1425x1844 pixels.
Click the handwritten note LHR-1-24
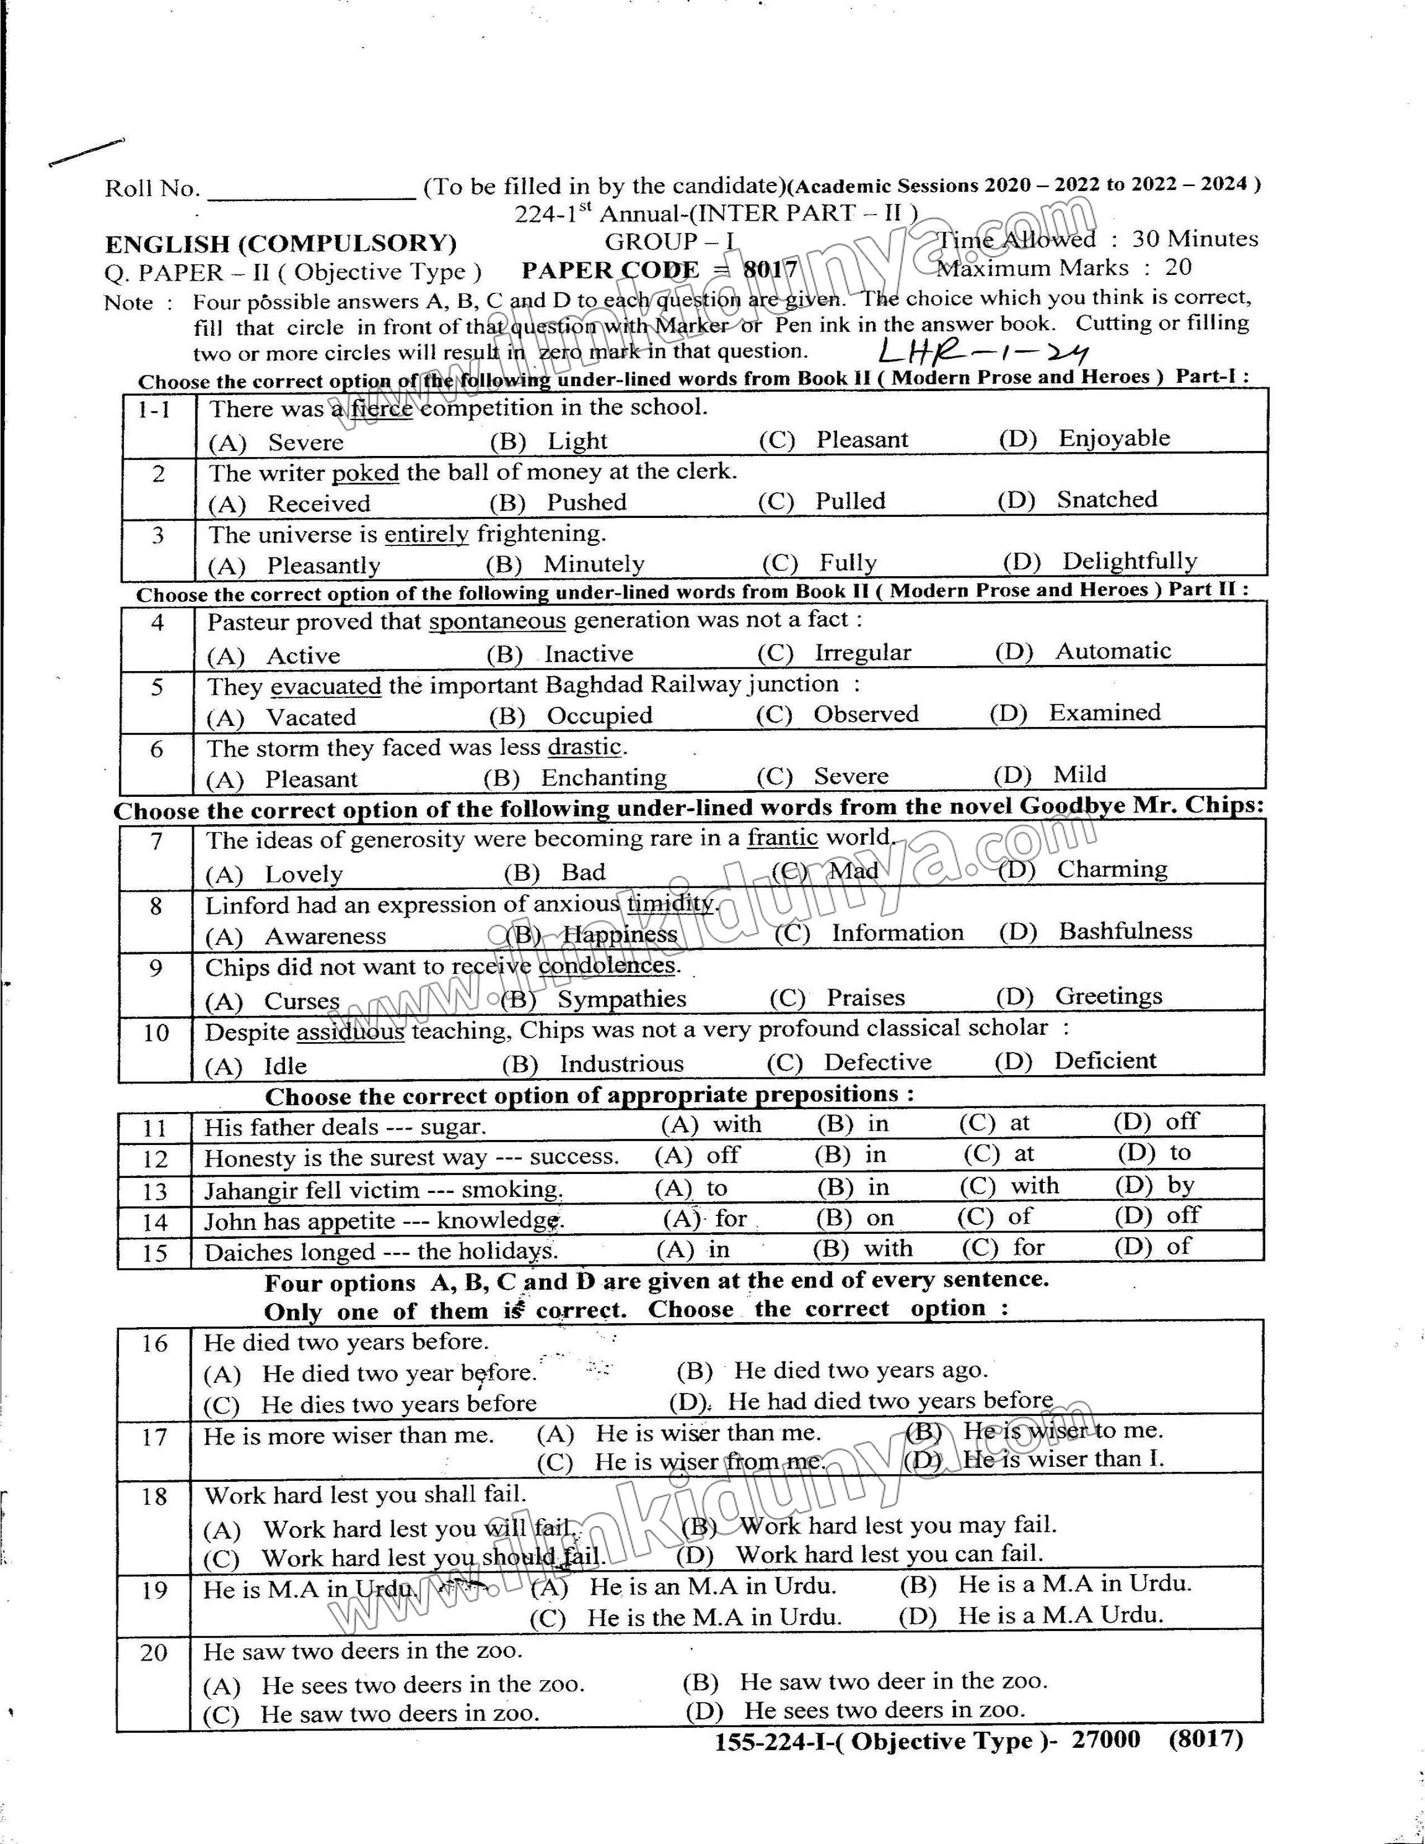[x=984, y=350]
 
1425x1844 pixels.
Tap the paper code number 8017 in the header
[x=770, y=270]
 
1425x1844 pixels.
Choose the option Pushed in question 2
[x=586, y=502]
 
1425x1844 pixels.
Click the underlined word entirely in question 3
[x=426, y=534]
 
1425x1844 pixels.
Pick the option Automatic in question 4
[x=1113, y=651]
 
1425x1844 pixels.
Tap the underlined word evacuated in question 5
[x=326, y=686]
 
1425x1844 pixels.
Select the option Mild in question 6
[x=1079, y=774]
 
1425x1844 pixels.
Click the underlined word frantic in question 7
[x=782, y=838]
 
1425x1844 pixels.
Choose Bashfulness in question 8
[x=1125, y=931]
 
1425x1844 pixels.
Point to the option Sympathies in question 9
[x=621, y=1000]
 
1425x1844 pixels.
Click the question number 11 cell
[x=155, y=1129]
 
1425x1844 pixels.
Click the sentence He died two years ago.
[x=860, y=1370]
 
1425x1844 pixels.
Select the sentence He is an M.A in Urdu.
[x=711, y=1586]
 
